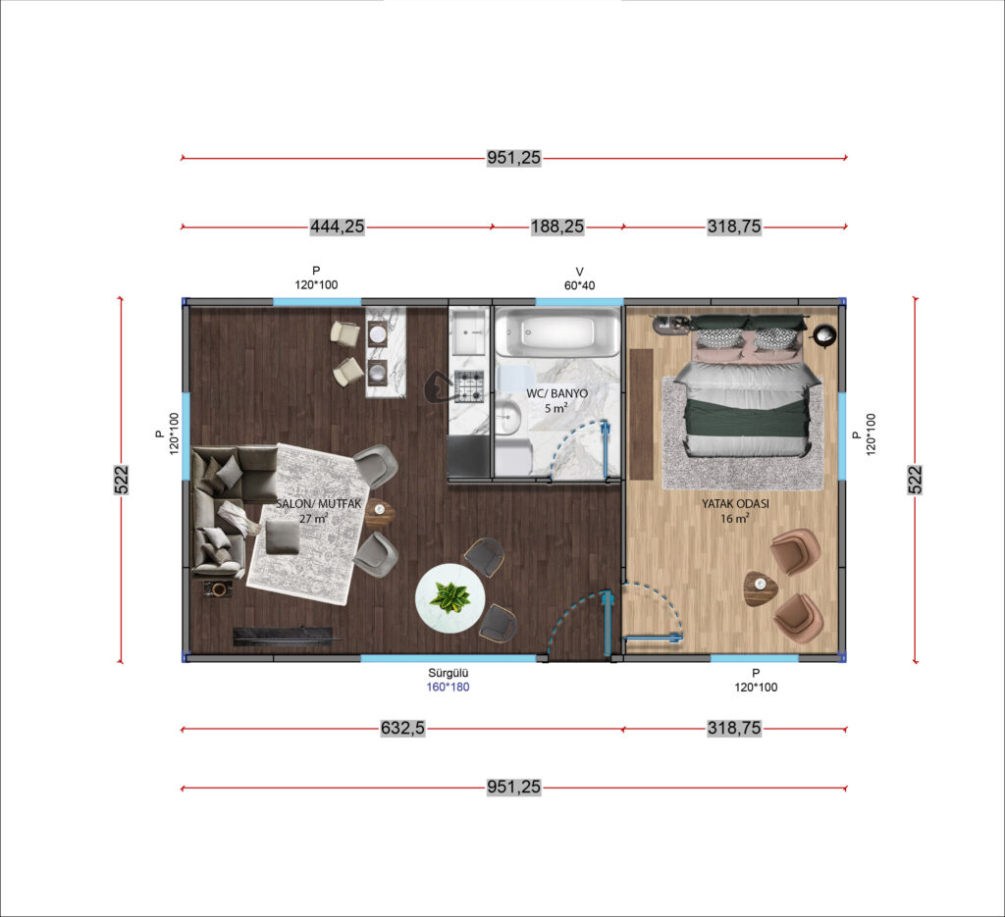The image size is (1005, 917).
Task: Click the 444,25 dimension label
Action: [x=338, y=227]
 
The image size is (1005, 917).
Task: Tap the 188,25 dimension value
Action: [x=557, y=227]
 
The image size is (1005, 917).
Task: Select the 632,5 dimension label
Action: [x=402, y=728]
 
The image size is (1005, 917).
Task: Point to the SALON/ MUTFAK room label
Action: [x=319, y=504]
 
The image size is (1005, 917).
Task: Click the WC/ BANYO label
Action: [x=557, y=393]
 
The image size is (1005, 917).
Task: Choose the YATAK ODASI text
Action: [x=735, y=504]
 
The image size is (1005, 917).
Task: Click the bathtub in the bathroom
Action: [x=557, y=331]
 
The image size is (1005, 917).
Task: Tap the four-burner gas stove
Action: [x=468, y=386]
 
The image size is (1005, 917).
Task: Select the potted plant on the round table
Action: [x=450, y=597]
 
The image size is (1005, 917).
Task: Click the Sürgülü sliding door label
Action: [x=448, y=673]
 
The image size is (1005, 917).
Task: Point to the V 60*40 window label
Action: [x=579, y=279]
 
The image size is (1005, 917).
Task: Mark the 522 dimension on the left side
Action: [x=121, y=480]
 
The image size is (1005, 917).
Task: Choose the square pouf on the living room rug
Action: [x=282, y=537]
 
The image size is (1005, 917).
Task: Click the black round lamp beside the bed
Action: [x=823, y=333]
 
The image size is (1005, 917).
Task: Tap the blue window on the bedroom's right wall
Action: [x=841, y=436]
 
